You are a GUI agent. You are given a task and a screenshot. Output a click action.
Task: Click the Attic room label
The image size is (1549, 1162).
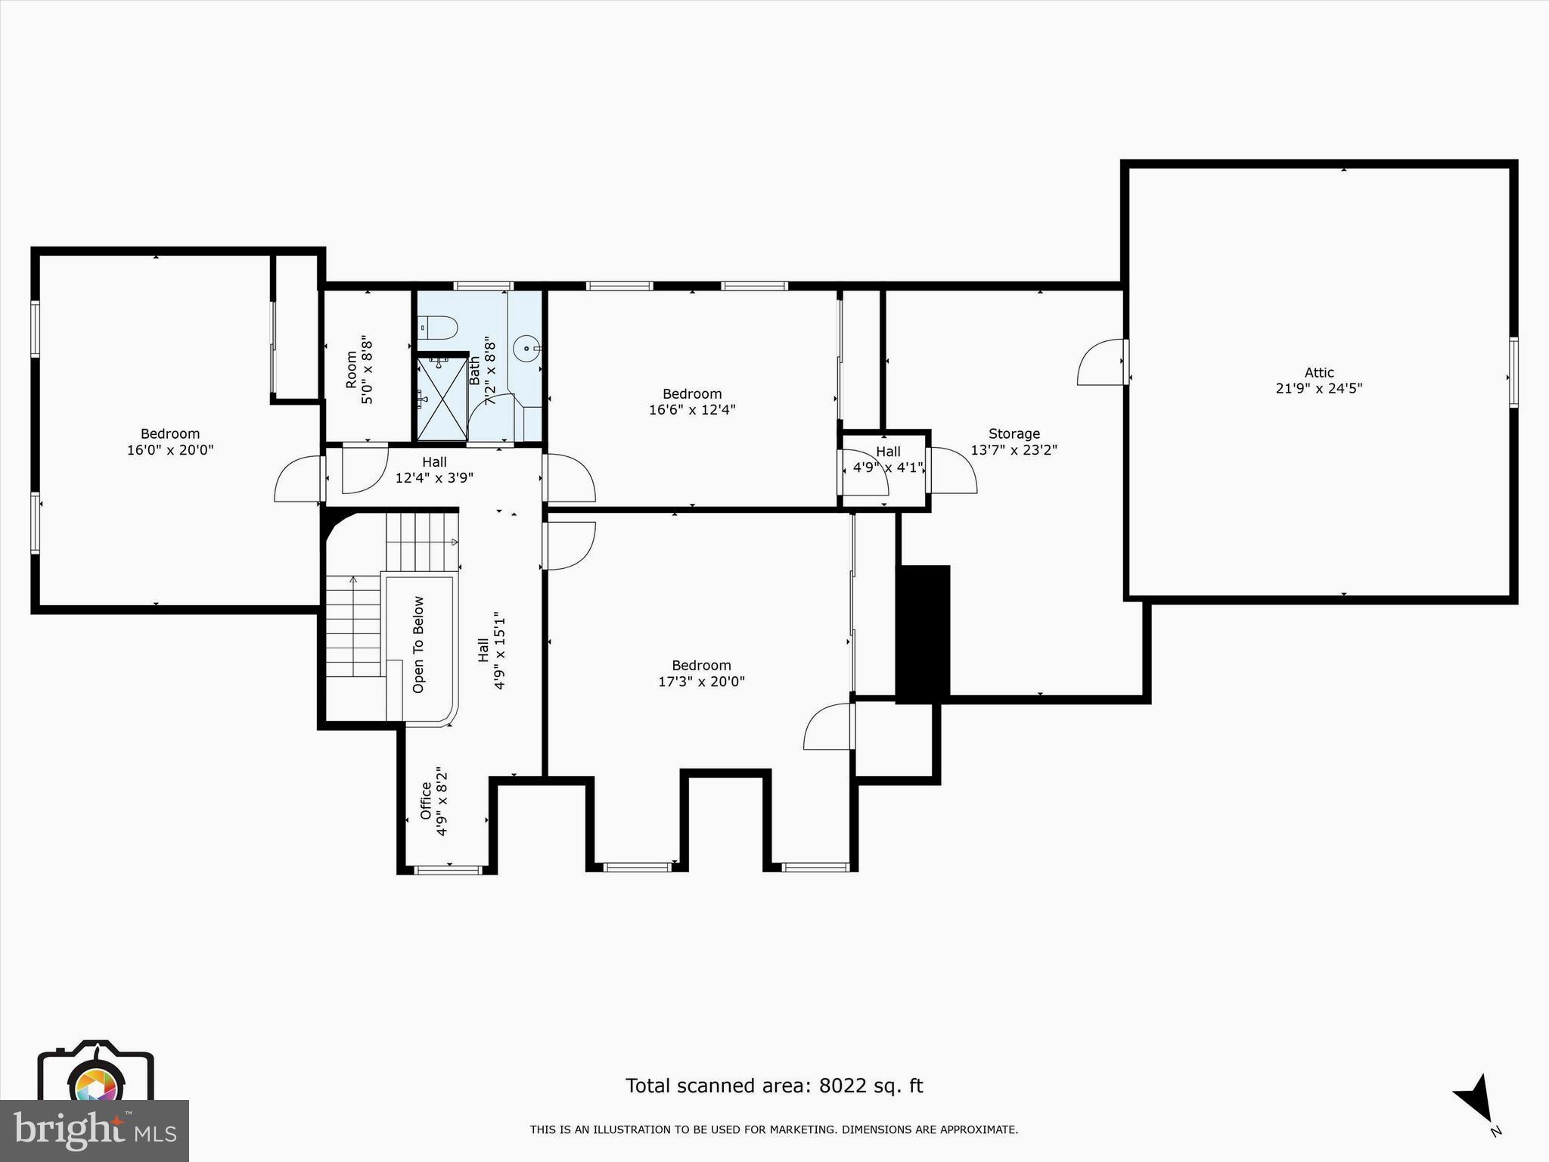click(x=1319, y=373)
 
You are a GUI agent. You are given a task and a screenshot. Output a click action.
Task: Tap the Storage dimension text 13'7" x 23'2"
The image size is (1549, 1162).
click(x=1014, y=450)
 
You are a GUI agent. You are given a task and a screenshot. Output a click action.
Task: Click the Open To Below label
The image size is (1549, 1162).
click(x=418, y=645)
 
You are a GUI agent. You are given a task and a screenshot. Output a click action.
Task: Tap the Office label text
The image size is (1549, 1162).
click(x=426, y=800)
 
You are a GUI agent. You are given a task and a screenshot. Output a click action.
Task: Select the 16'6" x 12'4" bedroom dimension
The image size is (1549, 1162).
click(x=692, y=410)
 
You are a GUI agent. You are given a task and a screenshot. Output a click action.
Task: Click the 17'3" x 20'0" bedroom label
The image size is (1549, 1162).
click(x=701, y=673)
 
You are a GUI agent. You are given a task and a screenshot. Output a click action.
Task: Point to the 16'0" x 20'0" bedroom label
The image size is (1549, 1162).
click(x=170, y=442)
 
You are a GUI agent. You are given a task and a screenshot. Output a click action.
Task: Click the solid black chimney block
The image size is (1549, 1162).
click(x=923, y=634)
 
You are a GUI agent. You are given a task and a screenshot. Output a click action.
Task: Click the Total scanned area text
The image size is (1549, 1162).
click(x=774, y=1086)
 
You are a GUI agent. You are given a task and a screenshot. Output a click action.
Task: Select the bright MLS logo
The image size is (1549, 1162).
click(x=95, y=1130)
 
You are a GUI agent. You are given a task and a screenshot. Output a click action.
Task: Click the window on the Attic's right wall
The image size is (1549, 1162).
click(x=1513, y=373)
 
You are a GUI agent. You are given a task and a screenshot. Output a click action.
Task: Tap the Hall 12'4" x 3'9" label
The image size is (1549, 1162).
click(x=434, y=470)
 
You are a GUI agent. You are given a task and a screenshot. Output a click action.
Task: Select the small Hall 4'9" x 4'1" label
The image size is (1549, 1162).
click(x=888, y=460)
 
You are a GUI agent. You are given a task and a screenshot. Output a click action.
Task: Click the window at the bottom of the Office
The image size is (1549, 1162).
click(x=449, y=870)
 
